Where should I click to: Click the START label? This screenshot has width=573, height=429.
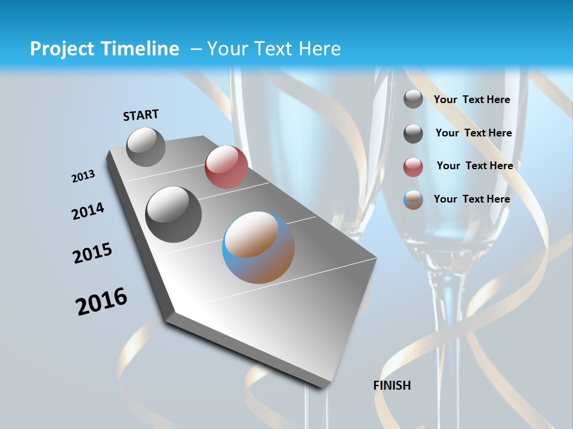[x=141, y=115]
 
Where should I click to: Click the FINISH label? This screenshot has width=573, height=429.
[x=392, y=386]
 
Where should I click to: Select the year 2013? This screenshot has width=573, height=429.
[x=84, y=176]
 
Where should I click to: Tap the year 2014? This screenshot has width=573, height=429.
[x=88, y=212]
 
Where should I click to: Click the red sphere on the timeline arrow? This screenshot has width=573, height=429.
[x=226, y=167]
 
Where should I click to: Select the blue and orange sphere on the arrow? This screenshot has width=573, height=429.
[x=258, y=247]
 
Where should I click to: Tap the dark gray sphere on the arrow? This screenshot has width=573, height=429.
[x=174, y=214]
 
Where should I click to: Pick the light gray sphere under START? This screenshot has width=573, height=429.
[x=146, y=147]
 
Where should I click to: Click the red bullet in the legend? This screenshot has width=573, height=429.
[x=413, y=167]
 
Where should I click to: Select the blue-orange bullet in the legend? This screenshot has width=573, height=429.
[x=413, y=200]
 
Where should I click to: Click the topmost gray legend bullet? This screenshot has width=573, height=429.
[x=413, y=100]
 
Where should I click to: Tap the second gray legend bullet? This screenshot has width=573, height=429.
[x=413, y=134]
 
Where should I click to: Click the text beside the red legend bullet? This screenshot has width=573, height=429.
[x=475, y=166]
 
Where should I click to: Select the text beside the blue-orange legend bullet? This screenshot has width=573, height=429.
[x=472, y=199]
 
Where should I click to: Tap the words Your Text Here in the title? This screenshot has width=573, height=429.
[x=274, y=49]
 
